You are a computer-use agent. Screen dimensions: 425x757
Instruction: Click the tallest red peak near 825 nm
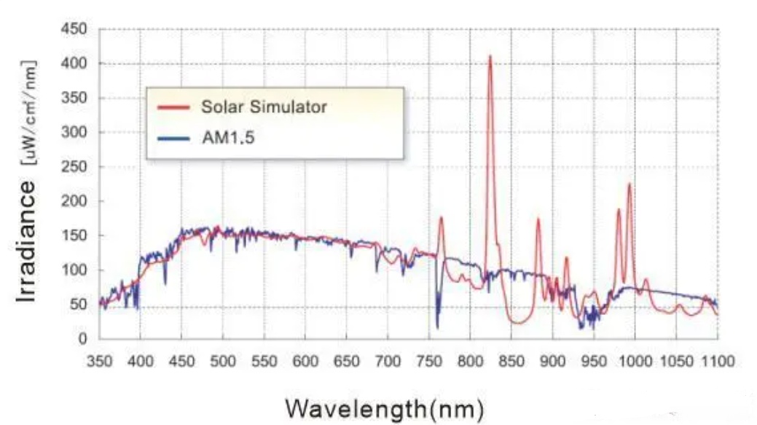point(490,56)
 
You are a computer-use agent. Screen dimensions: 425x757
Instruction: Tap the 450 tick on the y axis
point(77,30)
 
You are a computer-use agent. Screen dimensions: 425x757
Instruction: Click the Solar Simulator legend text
point(264,106)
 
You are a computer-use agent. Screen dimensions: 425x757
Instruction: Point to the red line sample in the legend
point(173,107)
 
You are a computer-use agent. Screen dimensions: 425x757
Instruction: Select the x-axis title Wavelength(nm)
point(384,408)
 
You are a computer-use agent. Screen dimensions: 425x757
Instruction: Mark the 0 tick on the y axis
point(83,339)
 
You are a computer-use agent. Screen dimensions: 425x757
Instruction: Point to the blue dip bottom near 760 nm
point(437,327)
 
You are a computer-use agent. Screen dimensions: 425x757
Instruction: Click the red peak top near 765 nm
point(441,218)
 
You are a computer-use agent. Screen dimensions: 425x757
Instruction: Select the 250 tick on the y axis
point(77,167)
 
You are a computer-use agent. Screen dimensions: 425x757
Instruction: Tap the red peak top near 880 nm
point(538,219)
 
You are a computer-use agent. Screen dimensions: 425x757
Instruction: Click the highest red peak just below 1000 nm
point(629,184)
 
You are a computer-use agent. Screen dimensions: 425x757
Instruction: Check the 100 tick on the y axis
point(77,270)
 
